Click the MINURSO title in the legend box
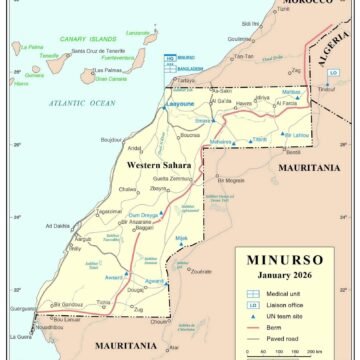point(285,260)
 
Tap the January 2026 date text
point(285,275)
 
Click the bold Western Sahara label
point(157,164)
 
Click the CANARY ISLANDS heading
point(86,37)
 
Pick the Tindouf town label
point(326,89)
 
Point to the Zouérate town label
point(200,270)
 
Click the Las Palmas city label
point(107,71)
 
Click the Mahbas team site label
point(292,92)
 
